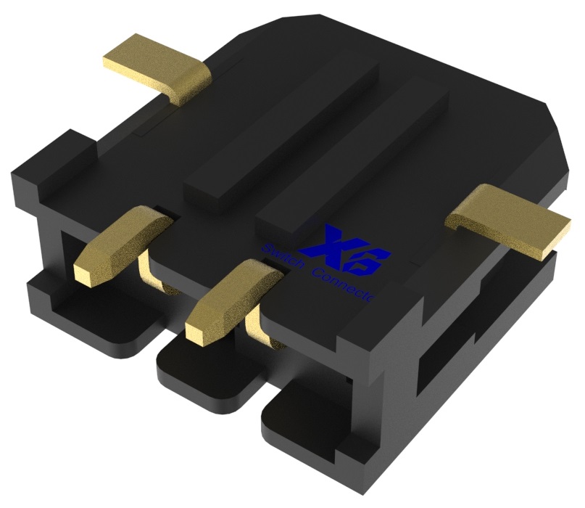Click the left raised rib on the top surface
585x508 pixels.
(x=283, y=131)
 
